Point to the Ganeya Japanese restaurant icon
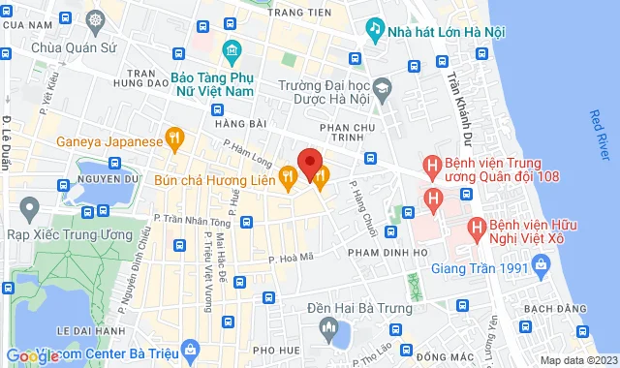174,140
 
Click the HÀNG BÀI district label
238,123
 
